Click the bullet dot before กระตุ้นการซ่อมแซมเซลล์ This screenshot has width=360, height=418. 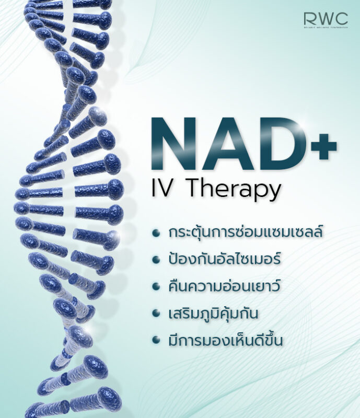[x=156, y=233]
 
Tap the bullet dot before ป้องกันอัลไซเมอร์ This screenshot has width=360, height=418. [x=156, y=260]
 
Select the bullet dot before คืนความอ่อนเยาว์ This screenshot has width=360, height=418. [x=156, y=287]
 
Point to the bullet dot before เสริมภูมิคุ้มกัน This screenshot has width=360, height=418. [x=156, y=314]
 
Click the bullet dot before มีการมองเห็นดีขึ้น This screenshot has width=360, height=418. [x=156, y=341]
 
